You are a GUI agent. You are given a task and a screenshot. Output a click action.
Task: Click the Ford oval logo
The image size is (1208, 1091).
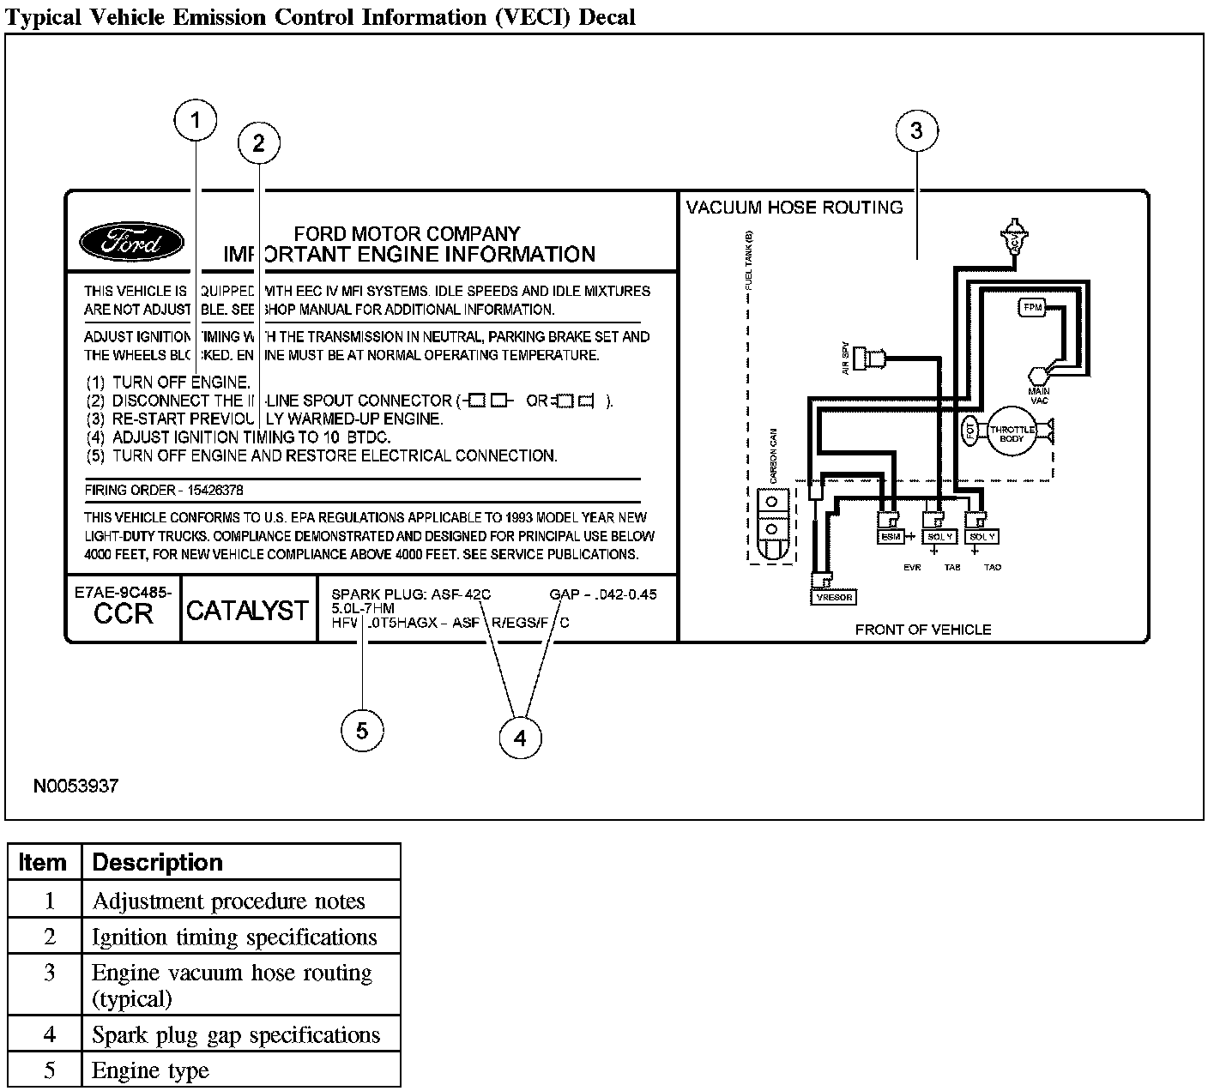(x=131, y=244)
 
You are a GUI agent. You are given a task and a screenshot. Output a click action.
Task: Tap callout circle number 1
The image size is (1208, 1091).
(x=196, y=121)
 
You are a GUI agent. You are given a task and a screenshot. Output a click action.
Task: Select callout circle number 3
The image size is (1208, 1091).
(x=916, y=131)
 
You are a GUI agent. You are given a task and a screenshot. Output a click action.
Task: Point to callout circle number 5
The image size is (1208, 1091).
(x=362, y=731)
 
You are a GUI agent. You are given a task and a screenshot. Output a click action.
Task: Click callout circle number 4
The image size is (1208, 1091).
(x=520, y=738)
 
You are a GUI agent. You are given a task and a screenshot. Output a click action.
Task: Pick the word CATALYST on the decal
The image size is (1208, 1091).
(x=247, y=611)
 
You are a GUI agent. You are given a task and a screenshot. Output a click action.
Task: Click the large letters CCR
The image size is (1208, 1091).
(x=124, y=614)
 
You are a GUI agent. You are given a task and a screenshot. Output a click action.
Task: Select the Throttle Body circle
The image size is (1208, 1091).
(x=1012, y=432)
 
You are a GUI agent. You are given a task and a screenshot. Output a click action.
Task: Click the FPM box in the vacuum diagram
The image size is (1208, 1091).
(x=1032, y=307)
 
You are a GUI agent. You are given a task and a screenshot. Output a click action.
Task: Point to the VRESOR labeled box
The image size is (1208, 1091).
(x=834, y=597)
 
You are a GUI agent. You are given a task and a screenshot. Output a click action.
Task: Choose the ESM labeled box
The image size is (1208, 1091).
(x=891, y=537)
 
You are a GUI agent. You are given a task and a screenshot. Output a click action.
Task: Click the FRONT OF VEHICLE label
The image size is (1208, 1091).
(x=922, y=630)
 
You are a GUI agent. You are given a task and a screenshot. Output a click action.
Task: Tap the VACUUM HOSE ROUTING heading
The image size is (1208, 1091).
(x=794, y=208)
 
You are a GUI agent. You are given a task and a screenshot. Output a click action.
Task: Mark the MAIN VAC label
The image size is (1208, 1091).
(x=1039, y=395)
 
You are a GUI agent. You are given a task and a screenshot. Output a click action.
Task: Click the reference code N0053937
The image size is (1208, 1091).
(x=76, y=786)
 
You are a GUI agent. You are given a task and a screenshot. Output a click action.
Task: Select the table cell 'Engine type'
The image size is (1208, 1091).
(x=151, y=1070)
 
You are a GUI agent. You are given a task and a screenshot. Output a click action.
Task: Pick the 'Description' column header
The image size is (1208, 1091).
(x=157, y=862)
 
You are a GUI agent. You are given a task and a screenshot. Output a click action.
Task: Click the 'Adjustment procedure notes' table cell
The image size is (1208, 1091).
(x=229, y=901)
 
